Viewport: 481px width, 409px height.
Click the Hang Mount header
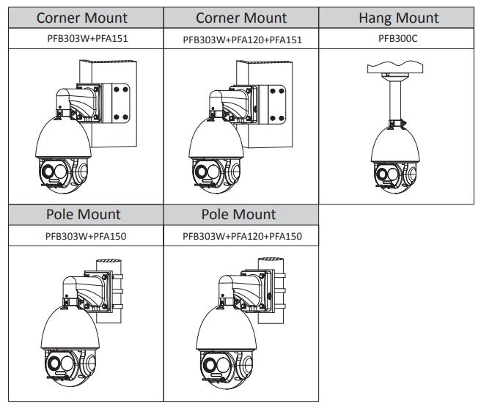point(398,18)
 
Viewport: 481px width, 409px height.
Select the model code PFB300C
point(398,39)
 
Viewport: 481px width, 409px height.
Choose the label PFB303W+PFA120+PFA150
point(242,236)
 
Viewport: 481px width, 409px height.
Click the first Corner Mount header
point(82,18)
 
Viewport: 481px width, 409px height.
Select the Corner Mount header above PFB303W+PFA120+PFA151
point(242,18)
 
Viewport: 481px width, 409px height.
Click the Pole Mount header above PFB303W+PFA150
point(82,215)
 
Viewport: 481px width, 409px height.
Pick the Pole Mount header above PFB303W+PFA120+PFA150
point(242,215)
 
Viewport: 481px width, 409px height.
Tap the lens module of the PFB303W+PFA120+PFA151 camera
point(213,176)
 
